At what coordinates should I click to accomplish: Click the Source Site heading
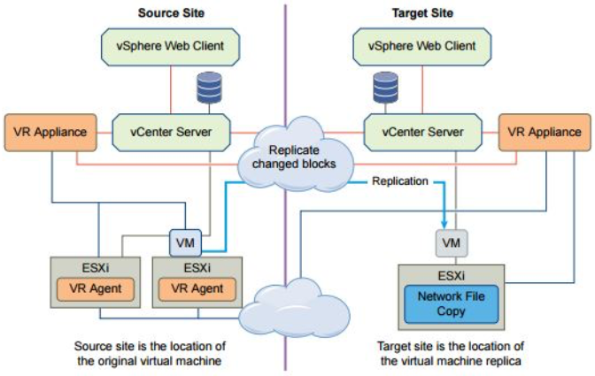[170, 13]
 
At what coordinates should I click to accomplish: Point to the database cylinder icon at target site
[385, 88]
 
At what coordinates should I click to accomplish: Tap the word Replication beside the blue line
[400, 180]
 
